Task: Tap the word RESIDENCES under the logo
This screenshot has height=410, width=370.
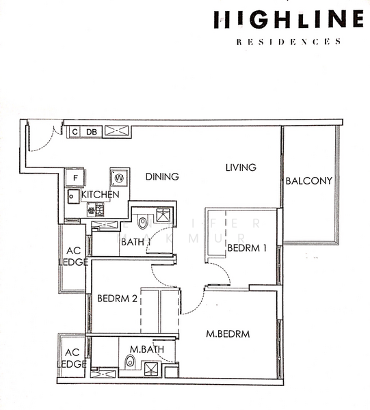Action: [288, 42]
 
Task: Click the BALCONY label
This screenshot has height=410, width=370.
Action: [309, 181]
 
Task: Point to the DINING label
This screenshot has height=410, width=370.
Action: [162, 176]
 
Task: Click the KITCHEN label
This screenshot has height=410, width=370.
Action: [101, 195]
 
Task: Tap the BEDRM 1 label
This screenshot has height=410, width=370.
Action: [247, 247]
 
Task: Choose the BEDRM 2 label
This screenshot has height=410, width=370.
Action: [118, 299]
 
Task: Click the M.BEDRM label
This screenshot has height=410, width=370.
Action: [228, 334]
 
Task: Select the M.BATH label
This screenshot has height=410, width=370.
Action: [144, 350]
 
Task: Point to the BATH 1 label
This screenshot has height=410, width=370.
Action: [137, 241]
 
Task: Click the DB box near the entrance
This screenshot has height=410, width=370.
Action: [91, 131]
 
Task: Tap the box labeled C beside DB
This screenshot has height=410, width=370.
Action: [74, 131]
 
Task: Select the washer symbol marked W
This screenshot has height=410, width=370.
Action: [120, 178]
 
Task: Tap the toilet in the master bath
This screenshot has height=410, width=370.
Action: [130, 363]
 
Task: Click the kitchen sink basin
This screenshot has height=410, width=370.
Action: [72, 197]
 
